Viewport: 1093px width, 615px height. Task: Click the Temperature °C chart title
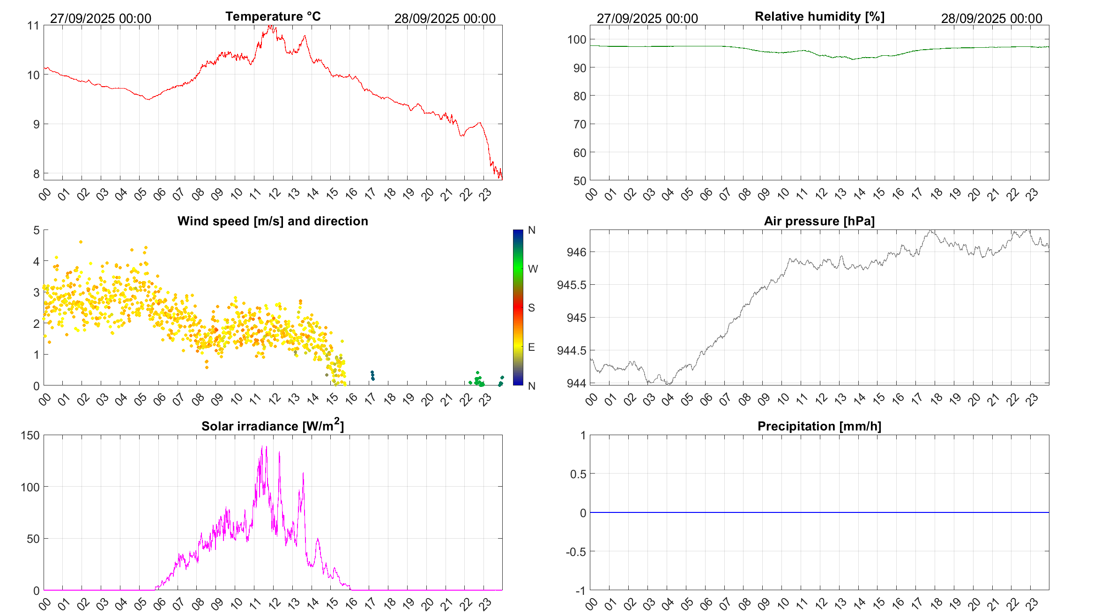[x=273, y=16]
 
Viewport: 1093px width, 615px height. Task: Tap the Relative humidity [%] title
[x=819, y=16]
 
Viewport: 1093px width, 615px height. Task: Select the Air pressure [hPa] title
[x=819, y=221]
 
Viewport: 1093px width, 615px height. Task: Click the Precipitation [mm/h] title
[x=819, y=426]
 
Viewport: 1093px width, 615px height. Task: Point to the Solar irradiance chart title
[x=273, y=426]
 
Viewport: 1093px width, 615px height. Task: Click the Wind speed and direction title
[x=273, y=221]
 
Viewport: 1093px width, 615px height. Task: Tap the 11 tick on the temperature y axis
[x=33, y=25]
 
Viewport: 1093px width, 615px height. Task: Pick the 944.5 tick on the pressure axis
[x=571, y=351]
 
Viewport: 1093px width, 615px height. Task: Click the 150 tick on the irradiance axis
[x=30, y=435]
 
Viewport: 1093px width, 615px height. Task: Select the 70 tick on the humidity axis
[x=580, y=124]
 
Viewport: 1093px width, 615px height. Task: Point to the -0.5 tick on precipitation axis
[x=576, y=552]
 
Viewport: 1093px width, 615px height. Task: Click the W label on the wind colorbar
[x=533, y=269]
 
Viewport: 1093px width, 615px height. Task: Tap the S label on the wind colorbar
[x=531, y=308]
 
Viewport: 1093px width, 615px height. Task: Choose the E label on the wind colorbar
[x=531, y=347]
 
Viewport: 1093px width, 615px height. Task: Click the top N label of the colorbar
[x=531, y=230]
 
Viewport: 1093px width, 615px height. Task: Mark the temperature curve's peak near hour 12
[x=270, y=26]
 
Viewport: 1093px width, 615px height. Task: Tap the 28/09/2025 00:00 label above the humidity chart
[x=991, y=18]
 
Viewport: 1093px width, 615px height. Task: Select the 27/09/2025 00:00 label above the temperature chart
[x=101, y=18]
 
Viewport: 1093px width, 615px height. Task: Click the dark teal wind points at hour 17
[x=372, y=375]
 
